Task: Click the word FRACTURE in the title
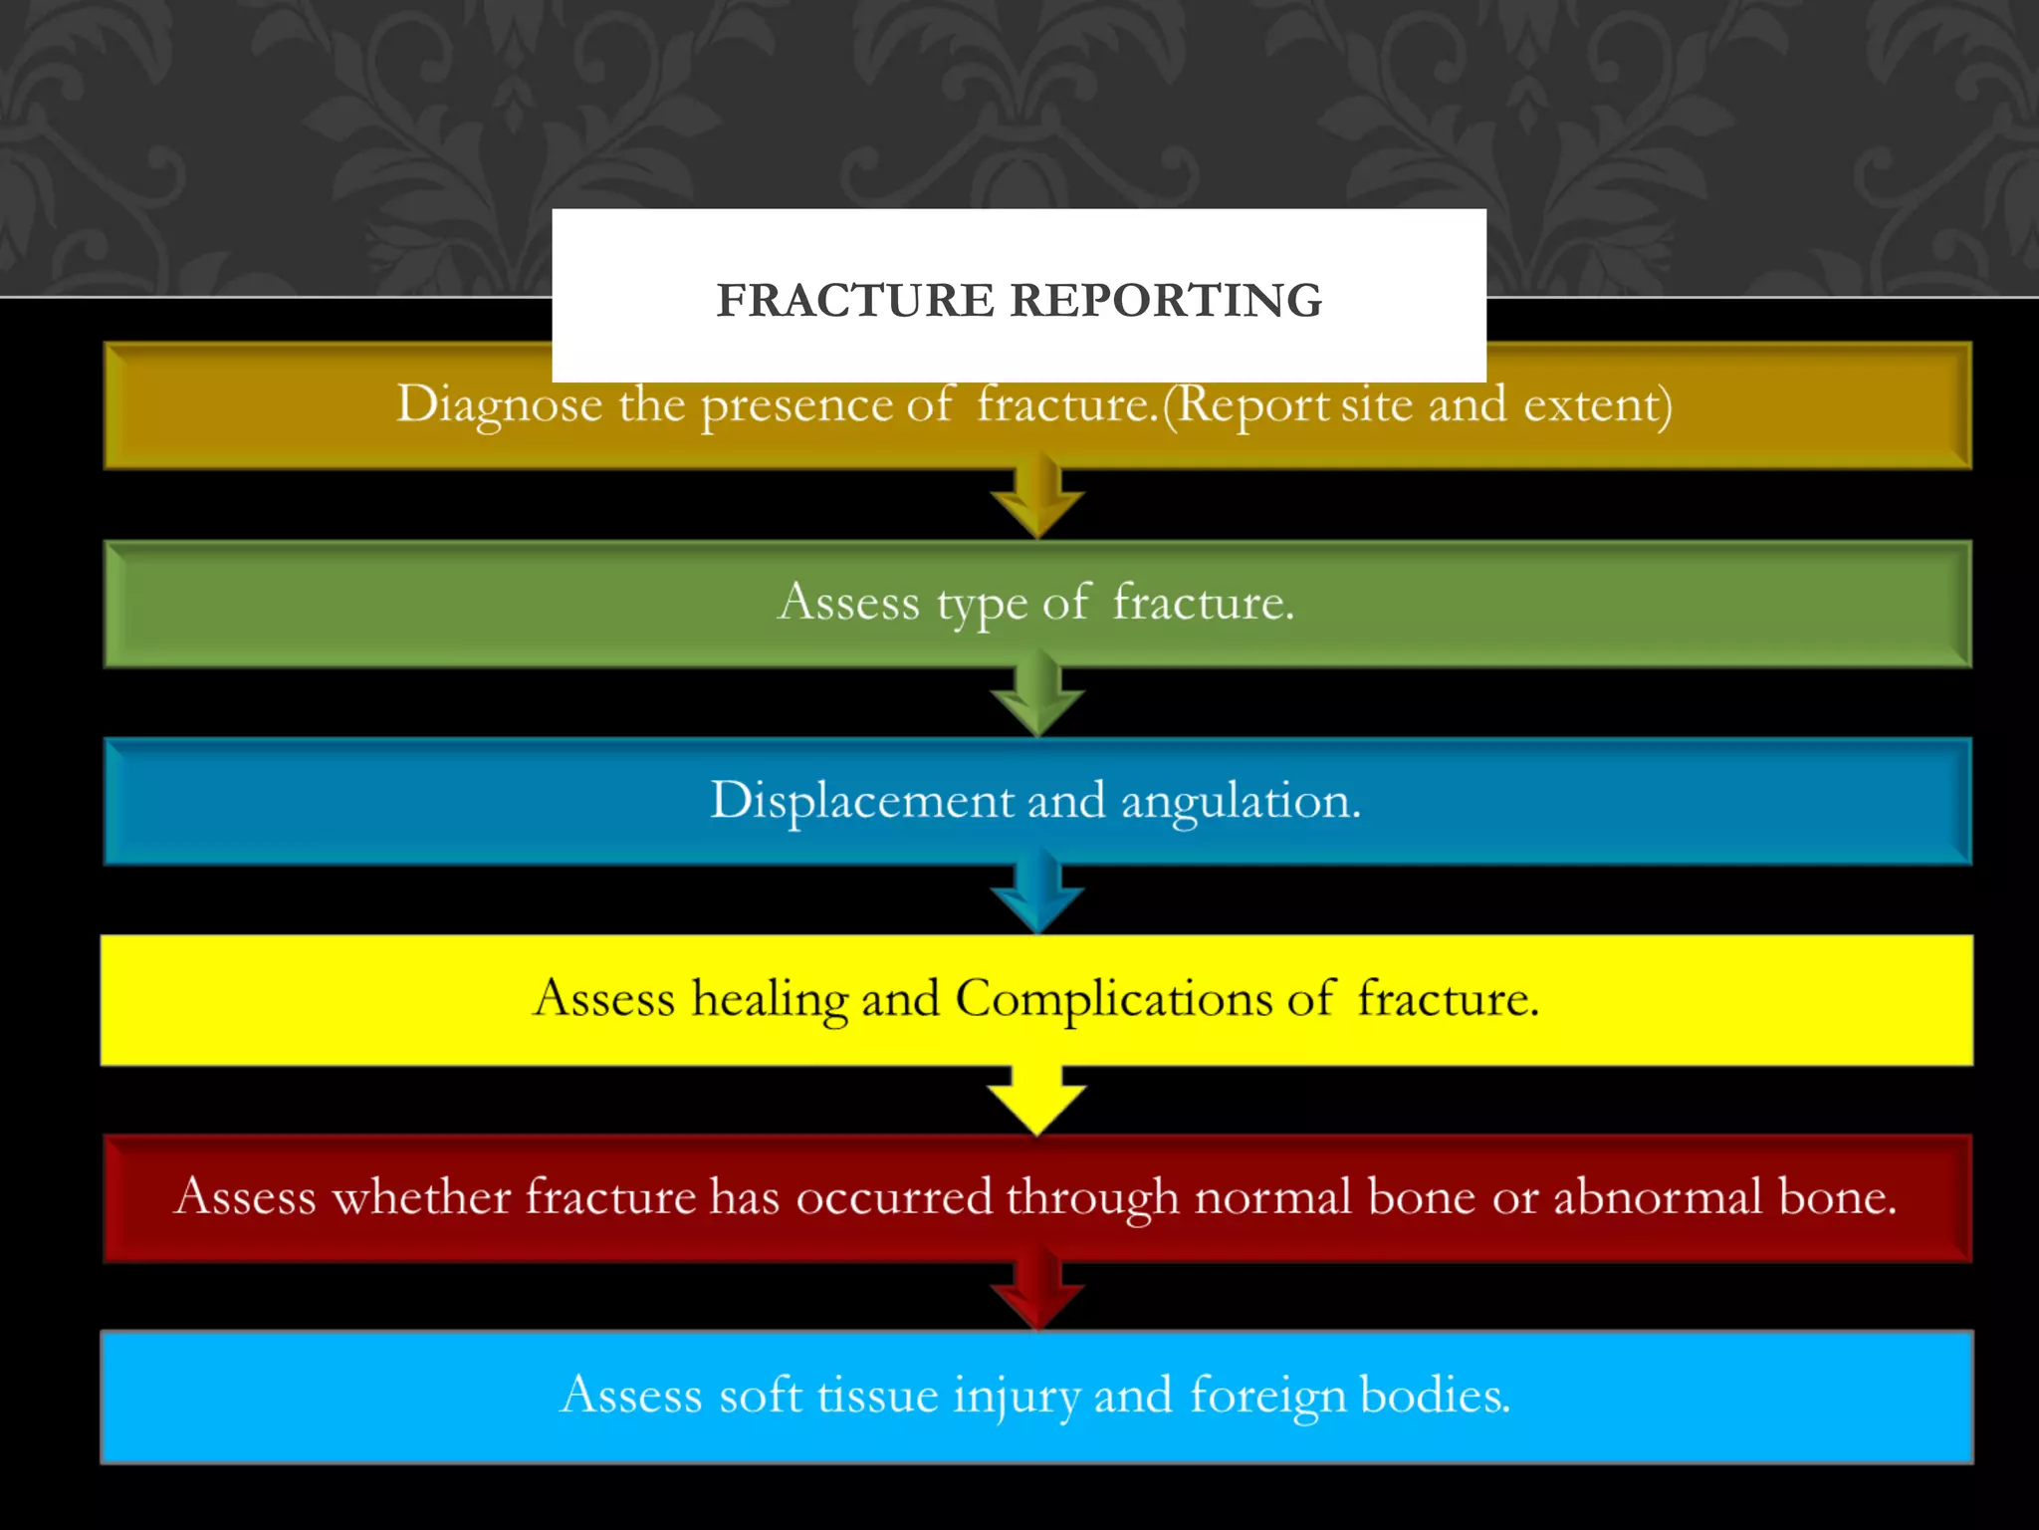pos(854,300)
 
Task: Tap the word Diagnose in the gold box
pos(499,405)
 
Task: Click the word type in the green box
pos(981,604)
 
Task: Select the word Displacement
pos(860,801)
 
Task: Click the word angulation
pos(1241,801)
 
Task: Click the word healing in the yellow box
pos(769,999)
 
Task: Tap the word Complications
pos(1113,999)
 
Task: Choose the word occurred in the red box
pos(894,1196)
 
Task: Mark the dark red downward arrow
pos(1037,1292)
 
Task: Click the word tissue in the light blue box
pos(877,1395)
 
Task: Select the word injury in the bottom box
pos(1016,1396)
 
